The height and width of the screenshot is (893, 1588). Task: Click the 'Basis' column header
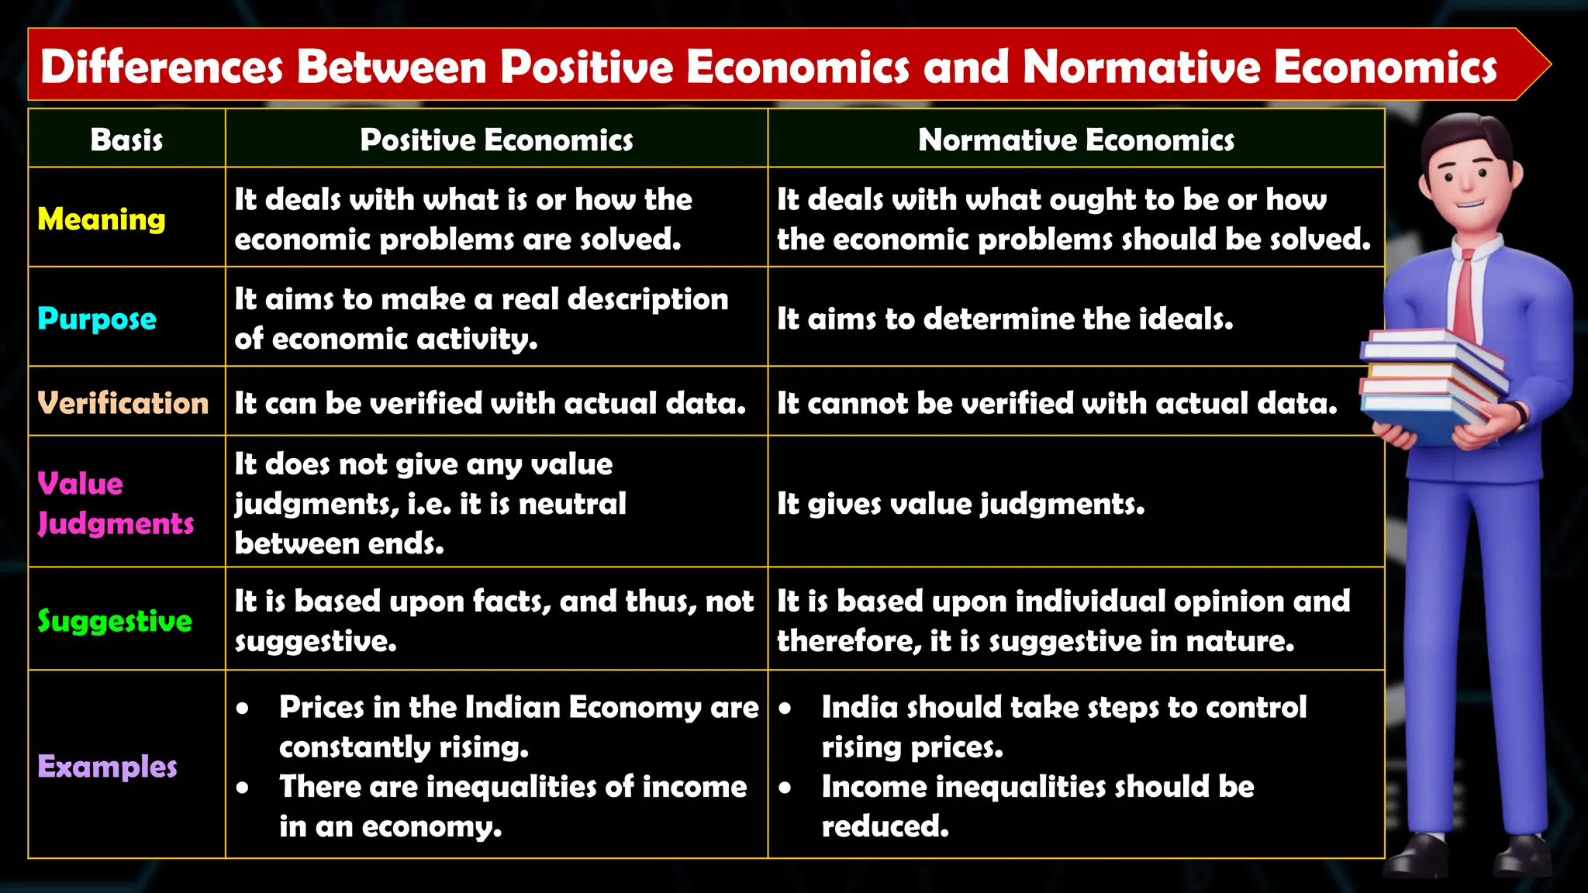tap(126, 140)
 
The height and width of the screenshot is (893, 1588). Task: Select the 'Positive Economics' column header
tap(496, 140)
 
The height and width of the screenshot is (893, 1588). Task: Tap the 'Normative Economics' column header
tap(1075, 140)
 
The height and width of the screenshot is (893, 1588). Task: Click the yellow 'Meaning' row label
tap(102, 219)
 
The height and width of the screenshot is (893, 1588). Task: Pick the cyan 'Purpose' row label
tap(97, 319)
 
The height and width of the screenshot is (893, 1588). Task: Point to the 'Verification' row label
tap(123, 403)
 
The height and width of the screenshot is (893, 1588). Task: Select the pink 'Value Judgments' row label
tap(115, 503)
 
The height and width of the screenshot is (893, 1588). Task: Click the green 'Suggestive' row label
tap(115, 621)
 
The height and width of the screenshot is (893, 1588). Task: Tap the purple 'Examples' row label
tap(107, 767)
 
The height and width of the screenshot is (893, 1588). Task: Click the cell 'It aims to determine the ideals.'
tap(1005, 319)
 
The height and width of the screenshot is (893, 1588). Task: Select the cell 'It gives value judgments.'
tap(961, 504)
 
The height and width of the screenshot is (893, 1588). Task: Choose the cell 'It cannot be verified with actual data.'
tap(1057, 403)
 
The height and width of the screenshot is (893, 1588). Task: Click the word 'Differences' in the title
tap(161, 67)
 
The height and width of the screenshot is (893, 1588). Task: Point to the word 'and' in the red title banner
tap(965, 67)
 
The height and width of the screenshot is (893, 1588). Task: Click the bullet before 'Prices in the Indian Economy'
tap(243, 709)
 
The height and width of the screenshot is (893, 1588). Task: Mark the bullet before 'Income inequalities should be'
tap(785, 788)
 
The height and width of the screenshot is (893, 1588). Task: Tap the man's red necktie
tap(1465, 298)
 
